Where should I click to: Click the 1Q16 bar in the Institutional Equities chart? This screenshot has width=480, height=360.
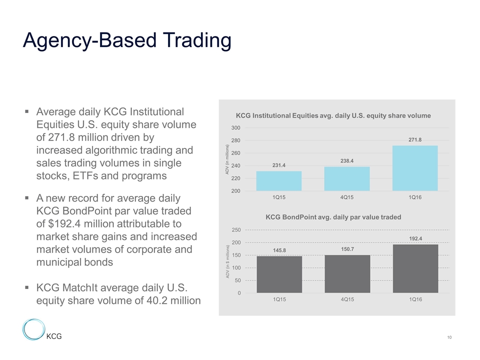click(415, 168)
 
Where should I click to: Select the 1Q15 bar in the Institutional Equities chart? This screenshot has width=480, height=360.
click(279, 180)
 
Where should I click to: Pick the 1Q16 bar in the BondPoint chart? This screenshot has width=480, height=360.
click(415, 268)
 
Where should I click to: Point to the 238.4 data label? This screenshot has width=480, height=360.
click(347, 161)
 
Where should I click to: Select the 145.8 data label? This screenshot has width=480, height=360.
click(279, 249)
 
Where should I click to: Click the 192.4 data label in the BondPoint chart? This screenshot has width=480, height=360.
click(415, 238)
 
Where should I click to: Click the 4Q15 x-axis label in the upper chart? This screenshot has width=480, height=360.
click(347, 197)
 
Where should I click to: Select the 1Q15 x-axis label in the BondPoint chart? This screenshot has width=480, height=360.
click(279, 300)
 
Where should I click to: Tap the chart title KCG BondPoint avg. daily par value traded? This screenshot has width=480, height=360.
click(333, 217)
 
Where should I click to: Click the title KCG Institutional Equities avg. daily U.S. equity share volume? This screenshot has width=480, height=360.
click(333, 115)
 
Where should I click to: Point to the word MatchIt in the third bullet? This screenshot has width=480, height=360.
click(85, 288)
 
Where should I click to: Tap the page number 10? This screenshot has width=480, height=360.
click(449, 338)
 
